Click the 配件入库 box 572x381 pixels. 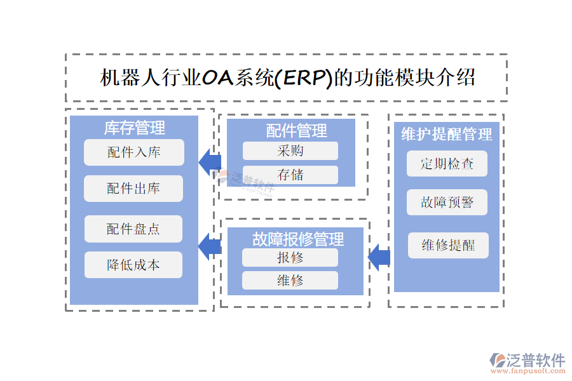133,152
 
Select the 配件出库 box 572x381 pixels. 133,189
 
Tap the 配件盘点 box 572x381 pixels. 133,229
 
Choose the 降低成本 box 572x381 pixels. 133,265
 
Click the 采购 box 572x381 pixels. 290,150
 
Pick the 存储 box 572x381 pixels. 290,175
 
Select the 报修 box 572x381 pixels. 290,257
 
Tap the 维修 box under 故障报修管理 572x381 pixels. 290,280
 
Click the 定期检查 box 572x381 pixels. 447,163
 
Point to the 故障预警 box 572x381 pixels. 447,203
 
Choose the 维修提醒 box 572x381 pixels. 448,245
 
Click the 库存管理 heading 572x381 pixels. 134,128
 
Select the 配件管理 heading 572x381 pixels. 296,131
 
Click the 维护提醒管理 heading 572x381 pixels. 447,134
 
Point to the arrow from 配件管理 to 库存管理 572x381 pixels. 210,162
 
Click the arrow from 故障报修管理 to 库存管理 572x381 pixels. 210,246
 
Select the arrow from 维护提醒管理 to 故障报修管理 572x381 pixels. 379,257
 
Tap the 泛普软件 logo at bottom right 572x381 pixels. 527,363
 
